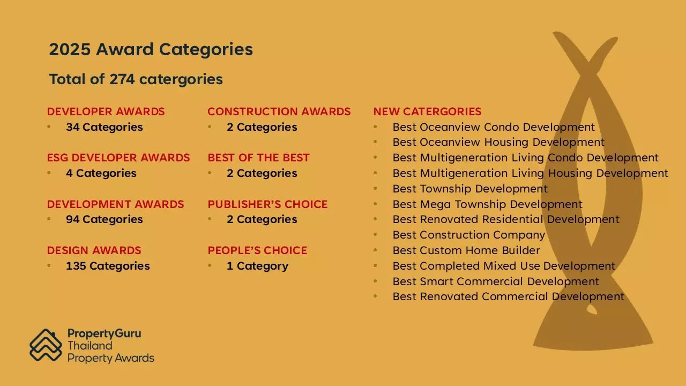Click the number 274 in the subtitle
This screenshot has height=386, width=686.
point(122,79)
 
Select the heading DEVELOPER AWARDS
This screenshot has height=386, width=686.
point(106,112)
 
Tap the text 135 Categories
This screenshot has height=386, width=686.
point(108,266)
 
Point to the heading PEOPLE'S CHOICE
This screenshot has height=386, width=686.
point(257,250)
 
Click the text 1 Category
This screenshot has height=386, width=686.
point(257,266)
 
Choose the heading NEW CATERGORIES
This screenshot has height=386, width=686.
point(427,112)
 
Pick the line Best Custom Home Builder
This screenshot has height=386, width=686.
point(466,250)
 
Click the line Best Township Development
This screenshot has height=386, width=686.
point(470,189)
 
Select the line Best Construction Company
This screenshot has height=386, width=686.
point(468,235)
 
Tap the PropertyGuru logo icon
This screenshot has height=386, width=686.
point(46,345)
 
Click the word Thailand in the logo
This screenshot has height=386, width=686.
point(90,346)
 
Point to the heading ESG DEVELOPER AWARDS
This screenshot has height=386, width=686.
point(118,158)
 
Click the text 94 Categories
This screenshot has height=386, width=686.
point(104,219)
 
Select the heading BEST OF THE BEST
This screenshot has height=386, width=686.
point(258,158)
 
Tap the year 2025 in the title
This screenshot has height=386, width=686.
point(70,49)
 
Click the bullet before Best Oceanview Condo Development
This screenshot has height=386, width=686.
point(375,127)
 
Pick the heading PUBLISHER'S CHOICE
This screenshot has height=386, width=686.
point(267,204)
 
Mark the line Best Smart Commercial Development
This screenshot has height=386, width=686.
point(496,281)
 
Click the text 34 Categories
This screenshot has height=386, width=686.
point(104,127)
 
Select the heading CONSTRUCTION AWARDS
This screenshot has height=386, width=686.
point(279,112)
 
